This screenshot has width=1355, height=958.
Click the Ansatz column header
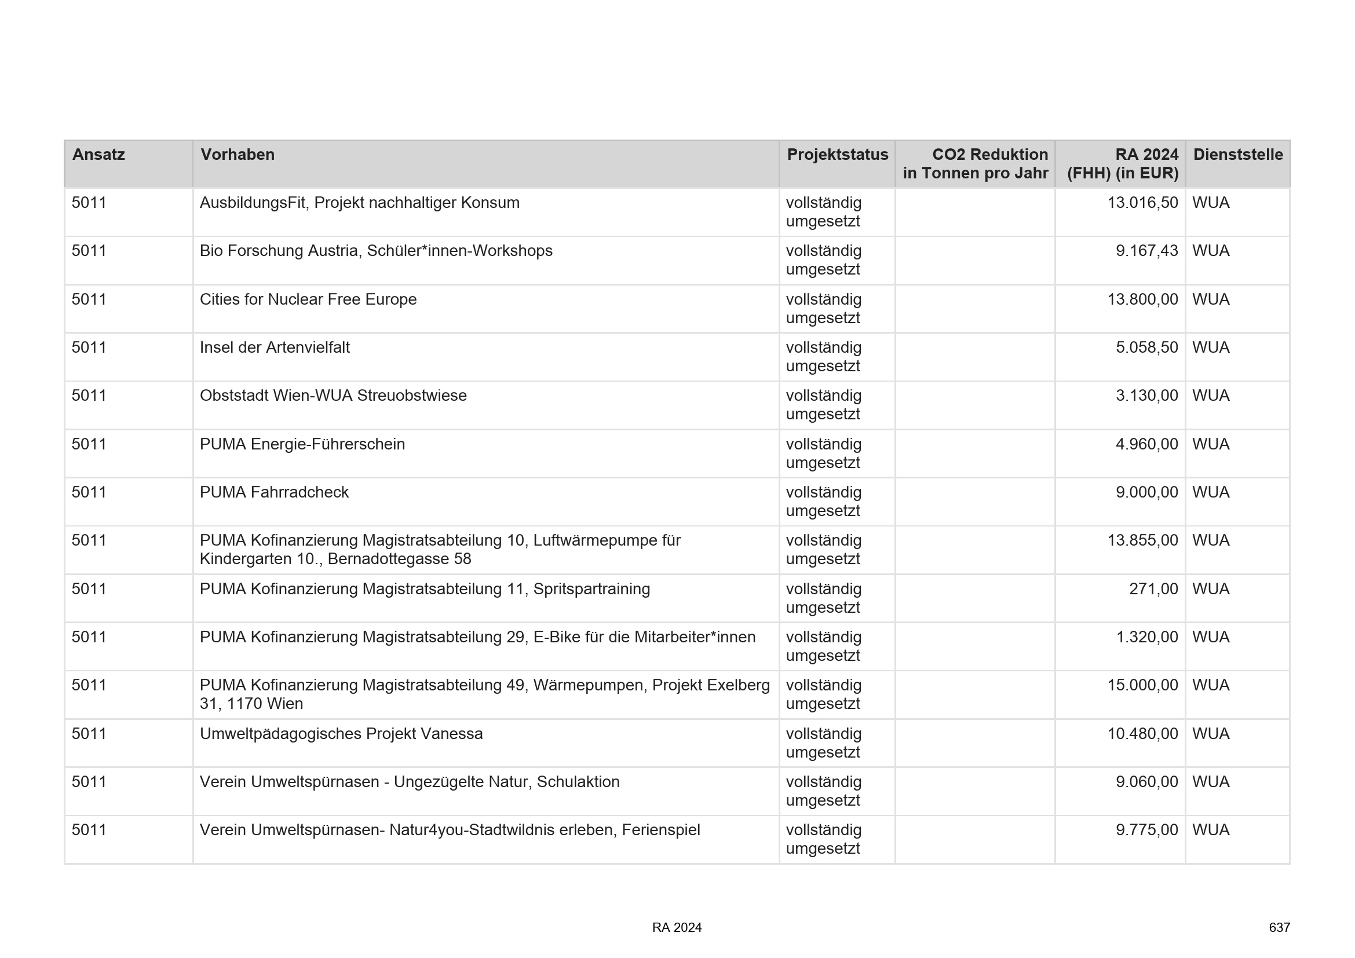98,155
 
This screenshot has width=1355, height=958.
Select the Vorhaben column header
238,155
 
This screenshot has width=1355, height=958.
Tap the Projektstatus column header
837,155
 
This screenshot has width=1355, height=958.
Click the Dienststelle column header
1237,155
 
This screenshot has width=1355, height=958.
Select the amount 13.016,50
1142,203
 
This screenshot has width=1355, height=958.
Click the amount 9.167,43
1146,251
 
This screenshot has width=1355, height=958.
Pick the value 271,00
1153,588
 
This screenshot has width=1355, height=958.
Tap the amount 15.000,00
1142,685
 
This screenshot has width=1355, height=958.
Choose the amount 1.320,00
1146,637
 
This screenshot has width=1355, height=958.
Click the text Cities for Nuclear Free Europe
308,299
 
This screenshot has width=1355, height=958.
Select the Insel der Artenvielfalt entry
275,348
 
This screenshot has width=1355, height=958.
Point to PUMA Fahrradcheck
274,492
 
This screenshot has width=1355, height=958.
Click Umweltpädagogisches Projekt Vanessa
341,734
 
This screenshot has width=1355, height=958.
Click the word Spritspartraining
591,588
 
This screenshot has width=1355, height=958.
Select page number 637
1279,927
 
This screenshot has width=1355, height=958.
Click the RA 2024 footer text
676,927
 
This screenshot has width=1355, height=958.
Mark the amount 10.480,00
1142,734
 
